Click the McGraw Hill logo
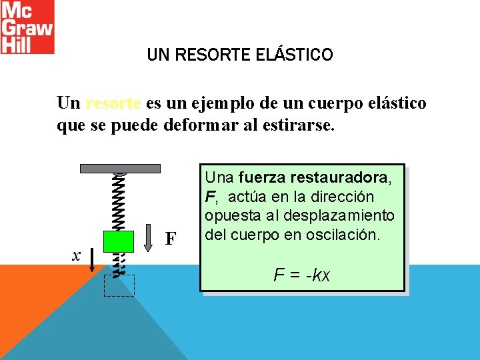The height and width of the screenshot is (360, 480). click(x=27, y=27)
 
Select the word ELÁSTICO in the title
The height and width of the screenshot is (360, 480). click(x=294, y=55)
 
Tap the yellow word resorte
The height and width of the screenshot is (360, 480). click(x=113, y=104)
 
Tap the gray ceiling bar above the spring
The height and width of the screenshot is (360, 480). click(x=120, y=168)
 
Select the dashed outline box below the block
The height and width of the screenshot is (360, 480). click(x=119, y=285)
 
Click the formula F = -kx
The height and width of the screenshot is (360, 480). click(x=302, y=274)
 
